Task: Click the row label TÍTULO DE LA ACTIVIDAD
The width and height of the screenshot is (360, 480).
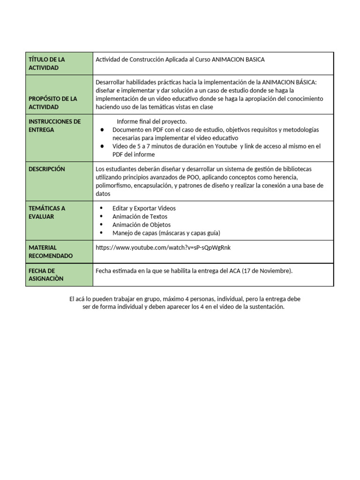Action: [47, 64]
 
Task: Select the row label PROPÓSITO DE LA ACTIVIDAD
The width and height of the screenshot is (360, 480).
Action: [52, 103]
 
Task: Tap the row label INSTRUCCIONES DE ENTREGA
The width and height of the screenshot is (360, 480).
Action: [54, 126]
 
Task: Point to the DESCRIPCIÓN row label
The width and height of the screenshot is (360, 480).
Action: [47, 169]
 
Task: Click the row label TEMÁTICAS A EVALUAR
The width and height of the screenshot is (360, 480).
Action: [47, 212]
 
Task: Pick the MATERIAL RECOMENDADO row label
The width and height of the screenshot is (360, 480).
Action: [51, 252]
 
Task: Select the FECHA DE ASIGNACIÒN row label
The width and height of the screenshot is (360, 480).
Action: [46, 275]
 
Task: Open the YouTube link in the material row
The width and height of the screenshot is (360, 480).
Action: [163, 247]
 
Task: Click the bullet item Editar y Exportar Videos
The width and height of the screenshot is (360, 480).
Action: [144, 208]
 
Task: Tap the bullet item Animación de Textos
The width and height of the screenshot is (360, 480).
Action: [140, 217]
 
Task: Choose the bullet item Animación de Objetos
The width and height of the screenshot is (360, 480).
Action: [142, 225]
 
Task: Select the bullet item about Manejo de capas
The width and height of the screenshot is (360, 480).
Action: [166, 233]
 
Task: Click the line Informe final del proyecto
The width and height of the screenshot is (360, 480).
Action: [151, 121]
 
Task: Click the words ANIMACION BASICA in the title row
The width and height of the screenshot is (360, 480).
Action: [238, 60]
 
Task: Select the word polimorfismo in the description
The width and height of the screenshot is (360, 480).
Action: [113, 186]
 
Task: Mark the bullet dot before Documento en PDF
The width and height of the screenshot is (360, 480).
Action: [102, 130]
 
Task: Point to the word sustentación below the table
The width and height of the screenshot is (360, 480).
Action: [267, 307]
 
